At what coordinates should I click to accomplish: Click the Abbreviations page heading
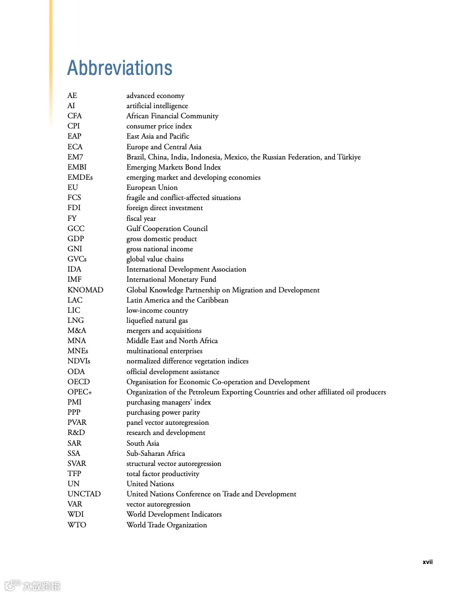120,68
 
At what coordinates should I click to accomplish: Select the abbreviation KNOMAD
85,290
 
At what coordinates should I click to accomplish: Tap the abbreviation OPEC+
79,392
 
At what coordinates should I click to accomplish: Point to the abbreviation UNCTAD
84,494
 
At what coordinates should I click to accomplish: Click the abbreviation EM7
75,157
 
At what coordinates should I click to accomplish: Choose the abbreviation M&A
77,331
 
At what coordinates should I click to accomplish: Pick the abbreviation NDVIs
78,361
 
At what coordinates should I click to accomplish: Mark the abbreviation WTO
77,525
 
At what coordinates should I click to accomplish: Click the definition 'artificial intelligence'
157,106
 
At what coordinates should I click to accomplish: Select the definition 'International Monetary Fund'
171,279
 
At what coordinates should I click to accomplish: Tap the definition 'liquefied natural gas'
157,321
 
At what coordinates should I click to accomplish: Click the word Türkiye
349,157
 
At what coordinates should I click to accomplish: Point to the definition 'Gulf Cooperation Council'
167,229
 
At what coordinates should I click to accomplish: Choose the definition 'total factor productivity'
162,474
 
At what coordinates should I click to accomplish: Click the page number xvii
427,562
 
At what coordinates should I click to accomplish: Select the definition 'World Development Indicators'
174,514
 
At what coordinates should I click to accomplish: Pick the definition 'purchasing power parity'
163,412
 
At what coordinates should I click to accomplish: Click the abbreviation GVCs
77,259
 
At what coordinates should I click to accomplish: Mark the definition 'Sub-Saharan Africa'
156,454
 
